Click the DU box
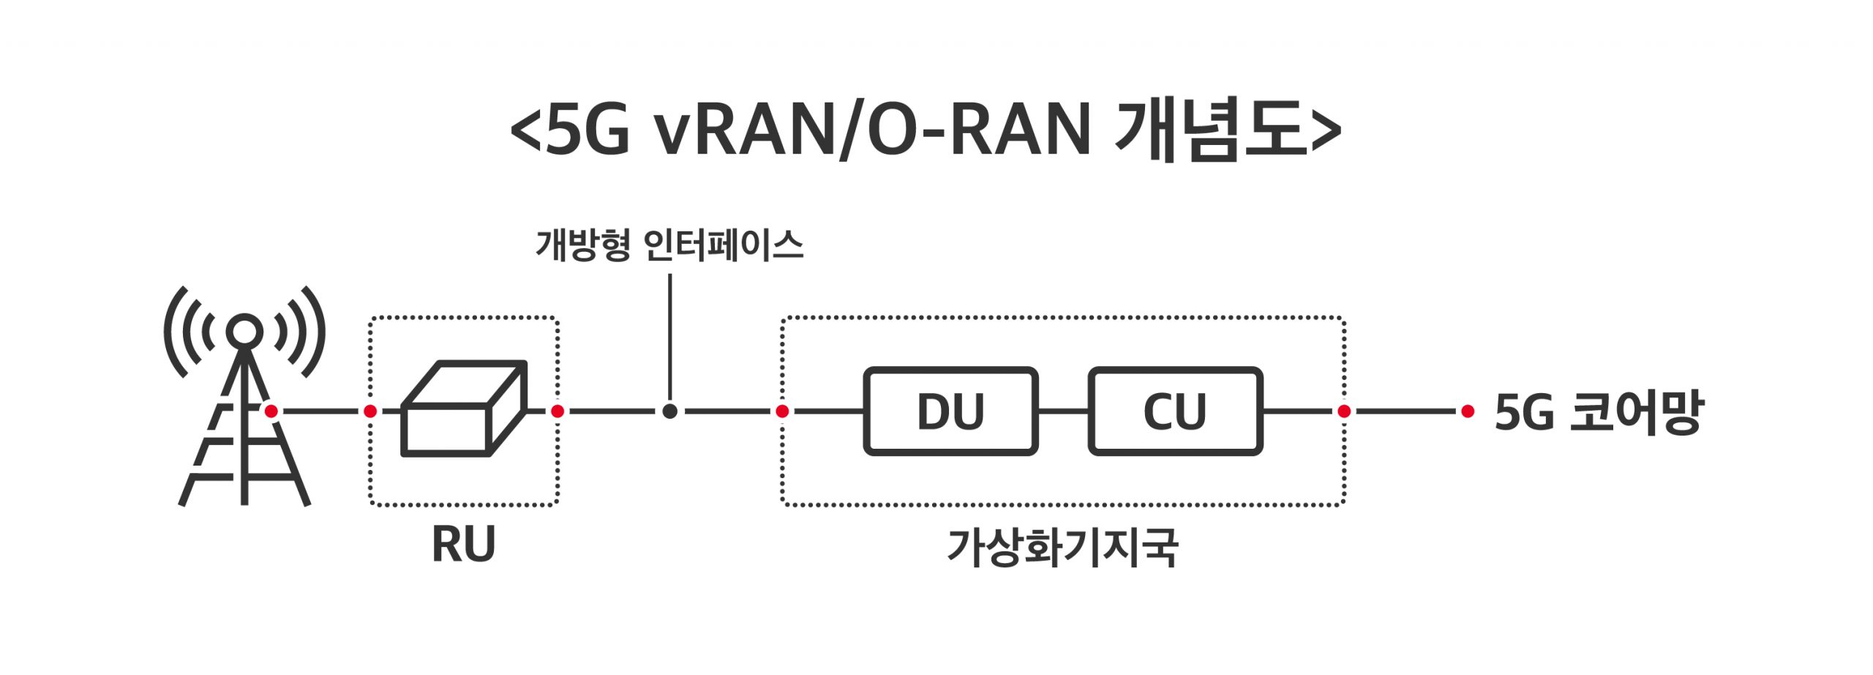tap(950, 411)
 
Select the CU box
tap(1175, 411)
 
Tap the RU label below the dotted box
tap(463, 544)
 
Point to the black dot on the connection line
tap(669, 411)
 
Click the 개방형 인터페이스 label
tap(669, 245)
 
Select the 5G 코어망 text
tap(1599, 412)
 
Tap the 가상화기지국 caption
tap(1062, 548)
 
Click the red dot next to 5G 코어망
tap(1467, 411)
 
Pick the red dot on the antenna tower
tap(271, 411)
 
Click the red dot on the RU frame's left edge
tap(370, 411)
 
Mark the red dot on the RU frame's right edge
tap(558, 411)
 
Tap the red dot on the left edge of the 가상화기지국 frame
tap(782, 411)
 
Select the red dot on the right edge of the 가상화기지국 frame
tap(1344, 411)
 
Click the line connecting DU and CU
tap(1063, 411)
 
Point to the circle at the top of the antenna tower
tap(244, 331)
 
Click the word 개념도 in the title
tap(1211, 130)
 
